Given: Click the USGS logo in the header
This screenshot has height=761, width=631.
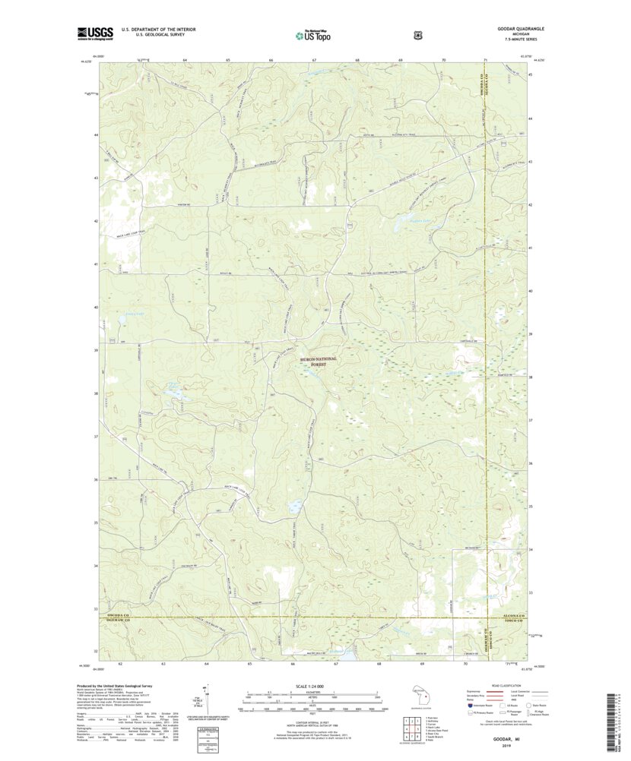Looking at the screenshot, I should pyautogui.click(x=94, y=33).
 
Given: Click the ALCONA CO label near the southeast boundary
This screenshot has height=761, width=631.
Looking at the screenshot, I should pyautogui.click(x=509, y=616).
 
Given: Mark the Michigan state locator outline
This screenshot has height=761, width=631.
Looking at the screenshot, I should pyautogui.click(x=420, y=696).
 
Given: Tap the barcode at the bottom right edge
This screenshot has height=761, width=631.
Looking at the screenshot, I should pyautogui.click(x=617, y=714).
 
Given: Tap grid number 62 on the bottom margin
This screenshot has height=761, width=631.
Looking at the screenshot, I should pyautogui.click(x=120, y=663).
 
